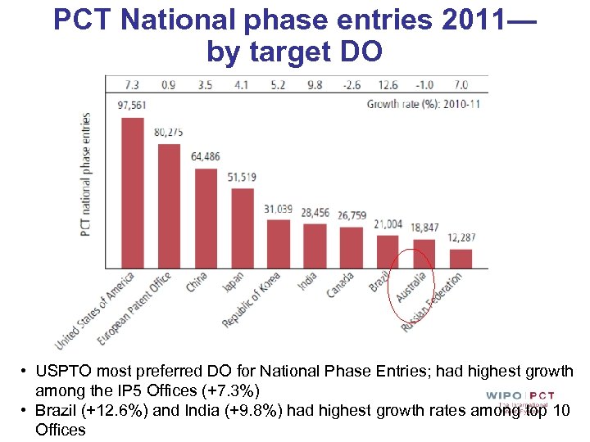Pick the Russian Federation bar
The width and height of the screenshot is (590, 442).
pos(461,259)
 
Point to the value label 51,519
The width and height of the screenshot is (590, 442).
pos(243,177)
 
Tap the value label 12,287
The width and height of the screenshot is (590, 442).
pos(461,237)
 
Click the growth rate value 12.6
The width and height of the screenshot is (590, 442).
pos(388,84)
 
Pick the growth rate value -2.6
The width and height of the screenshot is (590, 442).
pos(352,84)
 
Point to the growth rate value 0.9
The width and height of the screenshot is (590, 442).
pos(169,84)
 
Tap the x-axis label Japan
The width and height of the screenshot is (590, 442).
pos(232,283)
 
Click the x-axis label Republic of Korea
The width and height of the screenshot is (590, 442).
pos(252,300)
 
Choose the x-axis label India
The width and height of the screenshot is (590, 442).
pos(306,282)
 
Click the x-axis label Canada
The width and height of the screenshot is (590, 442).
pos(341,285)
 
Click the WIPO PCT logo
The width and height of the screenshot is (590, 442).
pos(520,396)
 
